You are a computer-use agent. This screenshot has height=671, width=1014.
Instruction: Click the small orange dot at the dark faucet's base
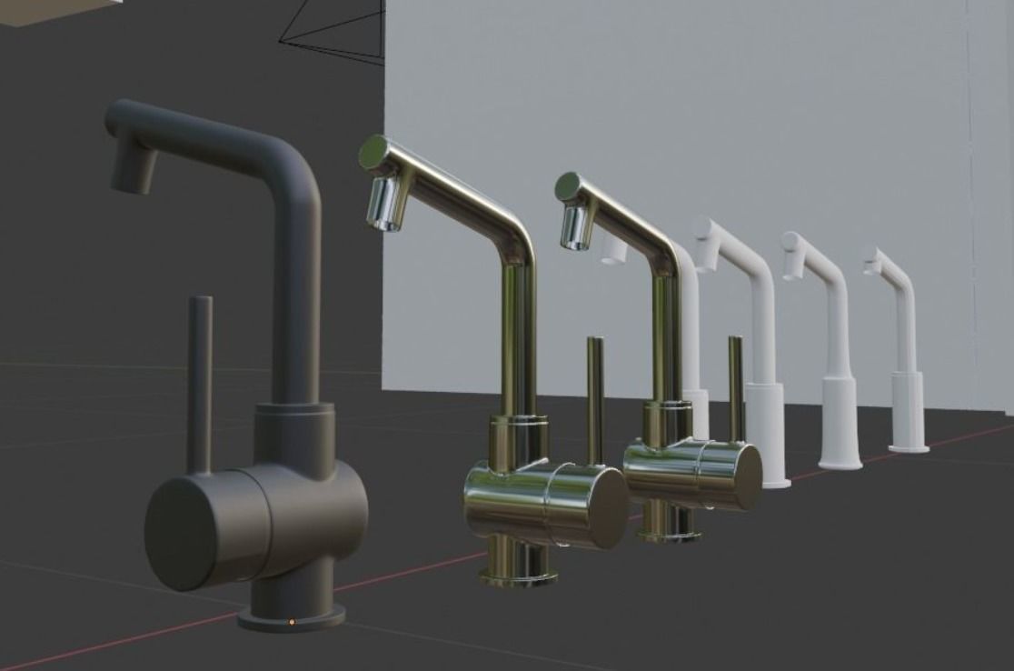pos(292,622)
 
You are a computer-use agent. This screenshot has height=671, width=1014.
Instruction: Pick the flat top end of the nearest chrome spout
pos(373,152)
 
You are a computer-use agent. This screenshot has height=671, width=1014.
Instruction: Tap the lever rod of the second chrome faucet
pos(736,386)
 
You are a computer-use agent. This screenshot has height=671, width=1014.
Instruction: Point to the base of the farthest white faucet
pos(908,446)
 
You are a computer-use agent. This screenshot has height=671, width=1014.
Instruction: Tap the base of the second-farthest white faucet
pos(840,464)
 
